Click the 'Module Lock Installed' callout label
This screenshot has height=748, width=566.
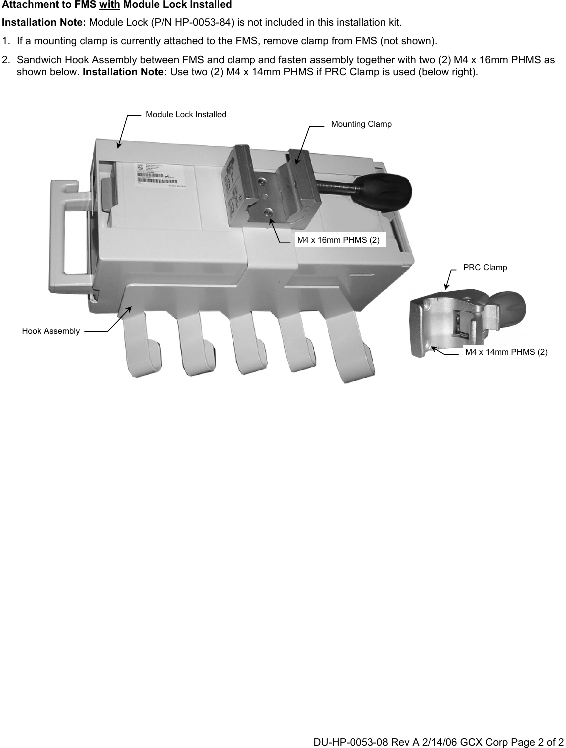pos(186,115)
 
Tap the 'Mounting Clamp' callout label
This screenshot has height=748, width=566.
pos(361,124)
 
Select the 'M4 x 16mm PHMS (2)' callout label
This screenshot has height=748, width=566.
pos(338,240)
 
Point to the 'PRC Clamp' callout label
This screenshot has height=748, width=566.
pos(485,267)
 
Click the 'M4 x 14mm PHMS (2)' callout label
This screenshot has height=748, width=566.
pos(506,352)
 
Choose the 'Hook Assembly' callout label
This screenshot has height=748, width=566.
pos(51,331)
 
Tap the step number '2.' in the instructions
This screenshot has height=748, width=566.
pos(6,60)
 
